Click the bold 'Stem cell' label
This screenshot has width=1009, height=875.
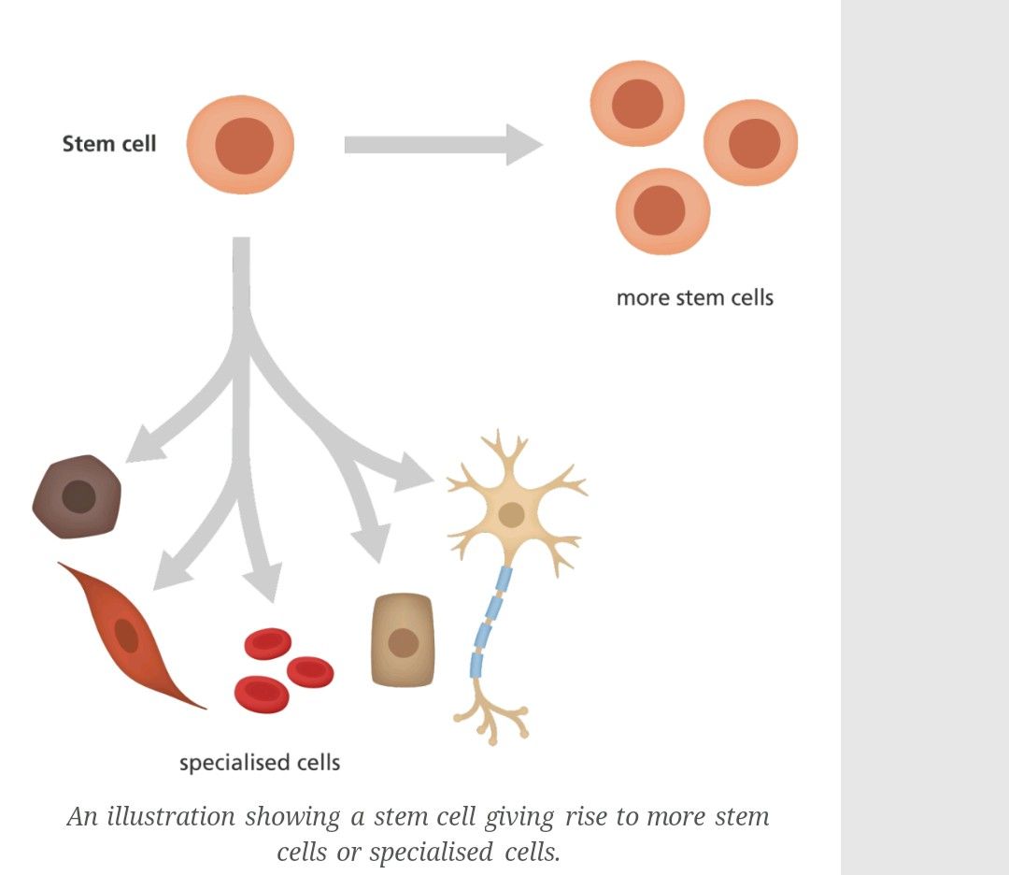pos(109,144)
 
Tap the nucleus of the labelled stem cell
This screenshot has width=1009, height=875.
pos(245,146)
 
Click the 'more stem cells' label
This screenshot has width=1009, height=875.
pos(695,298)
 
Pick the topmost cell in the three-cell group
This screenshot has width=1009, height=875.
pos(637,103)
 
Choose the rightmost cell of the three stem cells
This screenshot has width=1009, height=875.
pos(751,143)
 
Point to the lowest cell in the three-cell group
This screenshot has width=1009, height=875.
pos(661,211)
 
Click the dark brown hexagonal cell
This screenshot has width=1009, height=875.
pos(78,496)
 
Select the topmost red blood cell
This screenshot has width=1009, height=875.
pos(268,643)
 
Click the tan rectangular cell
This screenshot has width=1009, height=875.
pos(403,641)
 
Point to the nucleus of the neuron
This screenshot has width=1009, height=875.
pos(511,514)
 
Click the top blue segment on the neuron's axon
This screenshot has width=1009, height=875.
pos(504,579)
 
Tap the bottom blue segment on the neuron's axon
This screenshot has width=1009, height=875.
pos(476,666)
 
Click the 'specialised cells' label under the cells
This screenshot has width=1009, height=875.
pos(260,763)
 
